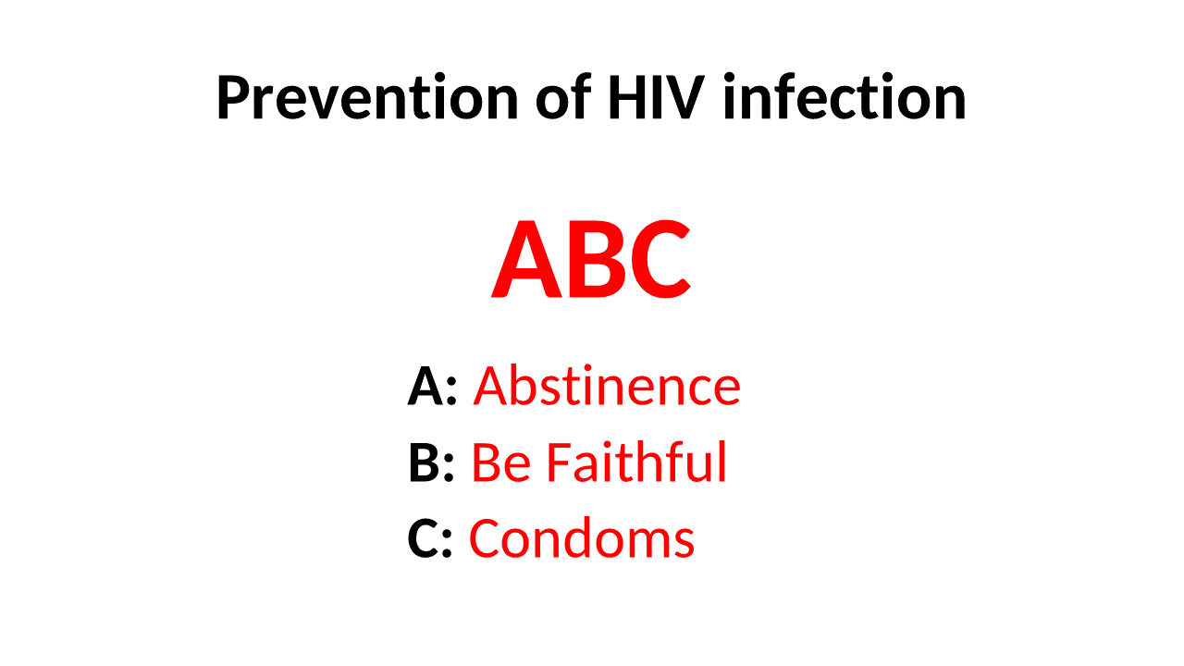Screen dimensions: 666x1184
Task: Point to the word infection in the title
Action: pos(844,98)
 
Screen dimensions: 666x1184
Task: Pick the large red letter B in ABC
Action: pos(593,262)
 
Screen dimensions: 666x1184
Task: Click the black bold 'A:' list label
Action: pos(432,387)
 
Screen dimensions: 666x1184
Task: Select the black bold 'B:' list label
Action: pos(431,463)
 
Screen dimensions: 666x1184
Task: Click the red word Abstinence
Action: pos(607,387)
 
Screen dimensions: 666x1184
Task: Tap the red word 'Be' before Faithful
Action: pos(499,463)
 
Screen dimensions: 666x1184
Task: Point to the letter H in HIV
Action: pos(626,98)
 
